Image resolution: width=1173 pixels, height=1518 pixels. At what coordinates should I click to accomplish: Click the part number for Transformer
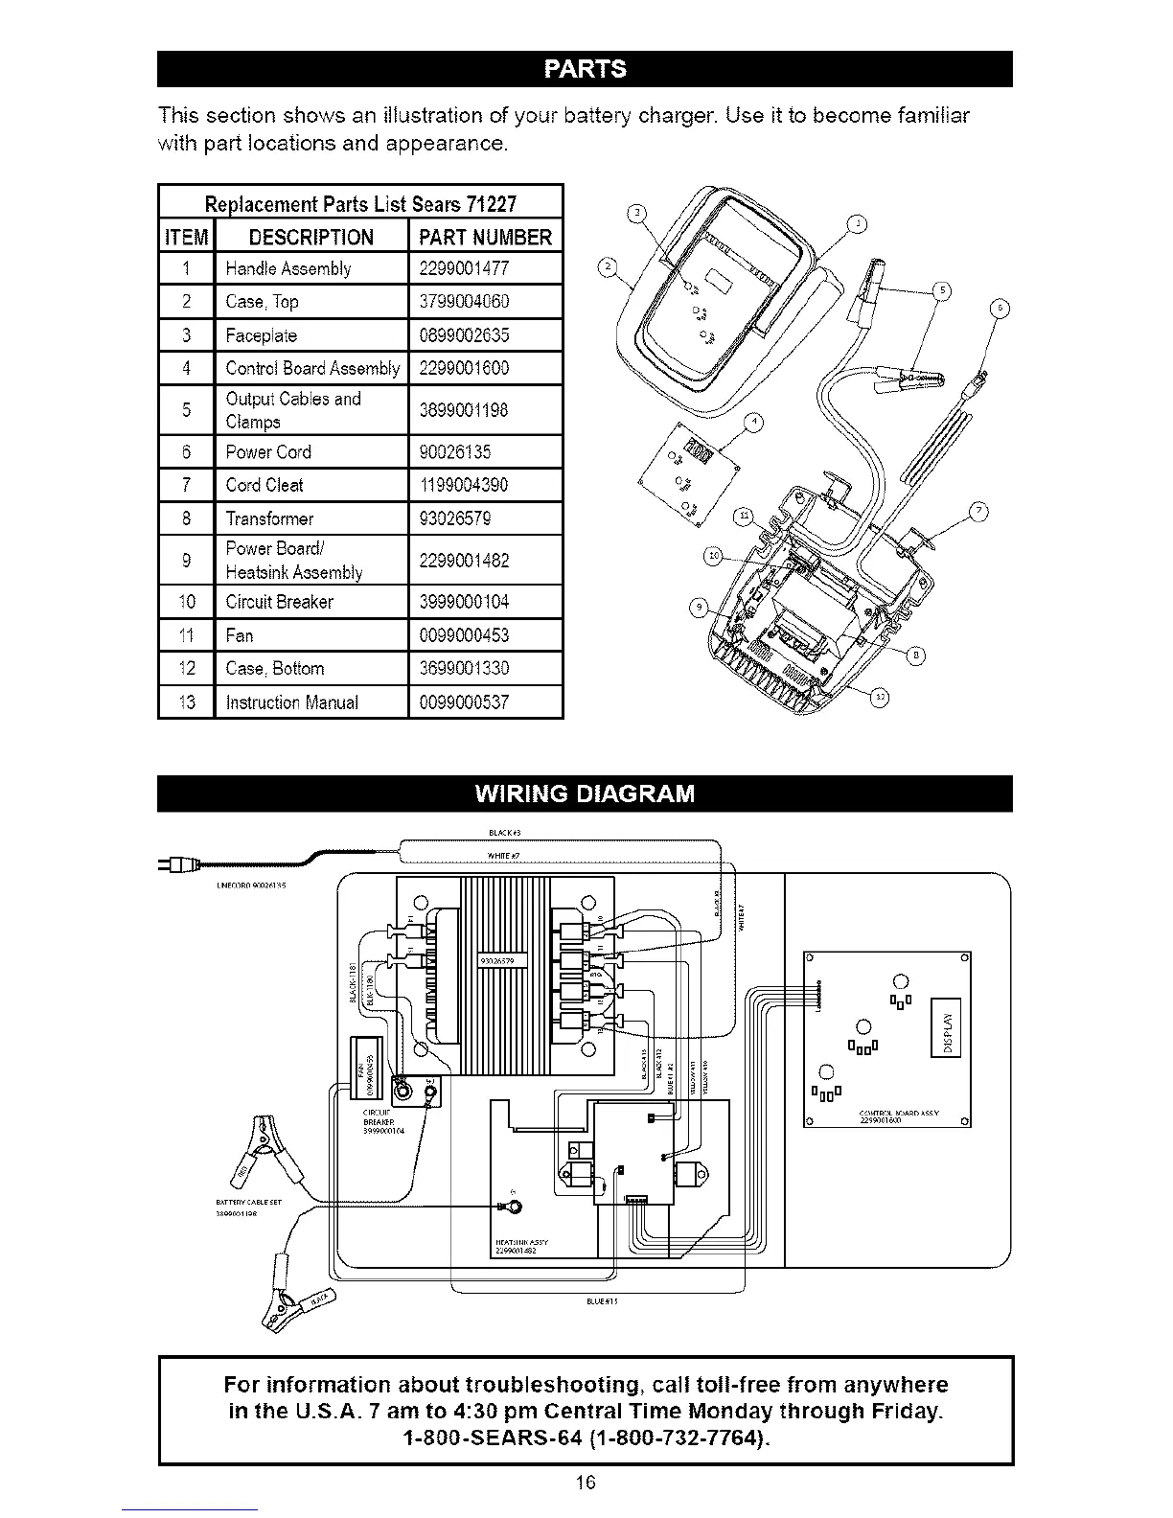pos(455,518)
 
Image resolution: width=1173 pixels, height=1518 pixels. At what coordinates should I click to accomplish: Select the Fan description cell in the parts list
pos(240,635)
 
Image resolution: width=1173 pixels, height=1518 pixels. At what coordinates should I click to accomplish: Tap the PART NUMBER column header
pos(485,237)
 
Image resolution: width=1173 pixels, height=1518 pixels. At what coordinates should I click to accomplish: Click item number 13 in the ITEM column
pos(187,702)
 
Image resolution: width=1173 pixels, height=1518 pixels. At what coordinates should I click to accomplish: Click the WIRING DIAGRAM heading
pos(585,794)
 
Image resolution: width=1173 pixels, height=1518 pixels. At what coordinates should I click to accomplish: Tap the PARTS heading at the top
pos(585,68)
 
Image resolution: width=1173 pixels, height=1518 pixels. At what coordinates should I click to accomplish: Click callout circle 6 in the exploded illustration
pos(1000,309)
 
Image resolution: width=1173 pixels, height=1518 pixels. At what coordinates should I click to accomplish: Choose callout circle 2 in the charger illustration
pos(606,266)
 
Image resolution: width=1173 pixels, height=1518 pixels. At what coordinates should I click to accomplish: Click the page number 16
pos(586,1483)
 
